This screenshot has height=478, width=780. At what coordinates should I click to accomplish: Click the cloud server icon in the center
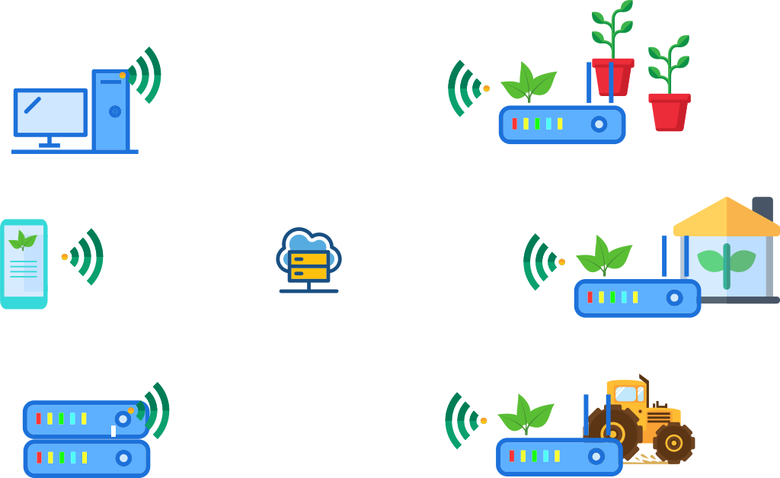[308, 260]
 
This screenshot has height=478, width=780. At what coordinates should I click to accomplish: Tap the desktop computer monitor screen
[50, 113]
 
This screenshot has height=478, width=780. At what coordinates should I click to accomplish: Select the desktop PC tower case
[111, 110]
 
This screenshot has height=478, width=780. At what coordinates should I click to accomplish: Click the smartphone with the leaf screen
[24, 264]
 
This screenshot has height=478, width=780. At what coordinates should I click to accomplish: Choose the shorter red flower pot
[669, 111]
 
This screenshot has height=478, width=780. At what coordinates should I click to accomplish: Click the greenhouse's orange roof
[725, 217]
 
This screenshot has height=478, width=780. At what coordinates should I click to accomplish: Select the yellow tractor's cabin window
[626, 393]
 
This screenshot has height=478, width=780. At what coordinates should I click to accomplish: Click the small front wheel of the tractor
[674, 442]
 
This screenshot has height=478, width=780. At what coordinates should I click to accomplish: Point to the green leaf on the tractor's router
[526, 415]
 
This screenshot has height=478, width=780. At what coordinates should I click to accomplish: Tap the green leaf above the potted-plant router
[529, 82]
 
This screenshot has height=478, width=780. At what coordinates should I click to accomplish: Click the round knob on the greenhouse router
[674, 297]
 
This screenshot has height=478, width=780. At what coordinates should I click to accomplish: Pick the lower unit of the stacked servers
[86, 458]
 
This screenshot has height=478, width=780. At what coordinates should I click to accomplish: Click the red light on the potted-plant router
[514, 124]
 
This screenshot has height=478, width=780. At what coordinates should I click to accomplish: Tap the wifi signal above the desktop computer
[145, 75]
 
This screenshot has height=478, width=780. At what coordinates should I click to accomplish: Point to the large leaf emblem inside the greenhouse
[726, 262]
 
